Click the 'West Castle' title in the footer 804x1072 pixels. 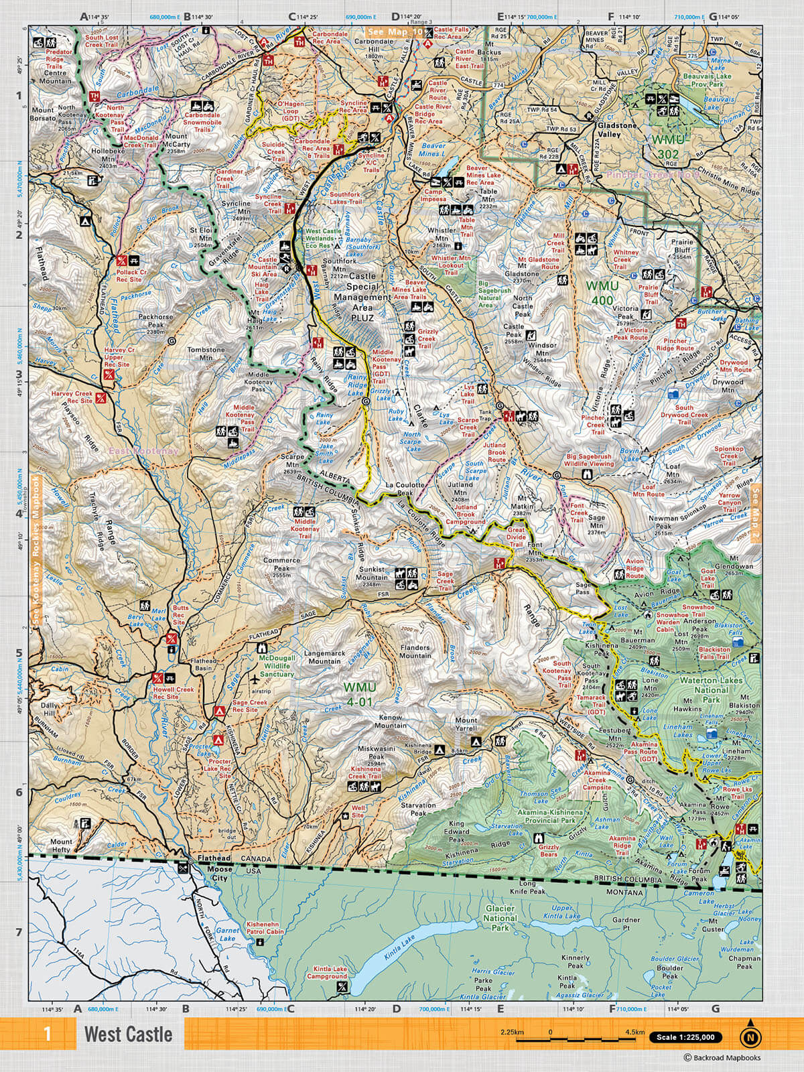pos(128,1034)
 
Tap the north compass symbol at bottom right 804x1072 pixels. pos(750,1036)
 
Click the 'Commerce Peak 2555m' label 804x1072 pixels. pos(281,567)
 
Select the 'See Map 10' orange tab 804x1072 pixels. pos(395,31)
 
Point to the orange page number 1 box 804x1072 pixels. pos(46,1034)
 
